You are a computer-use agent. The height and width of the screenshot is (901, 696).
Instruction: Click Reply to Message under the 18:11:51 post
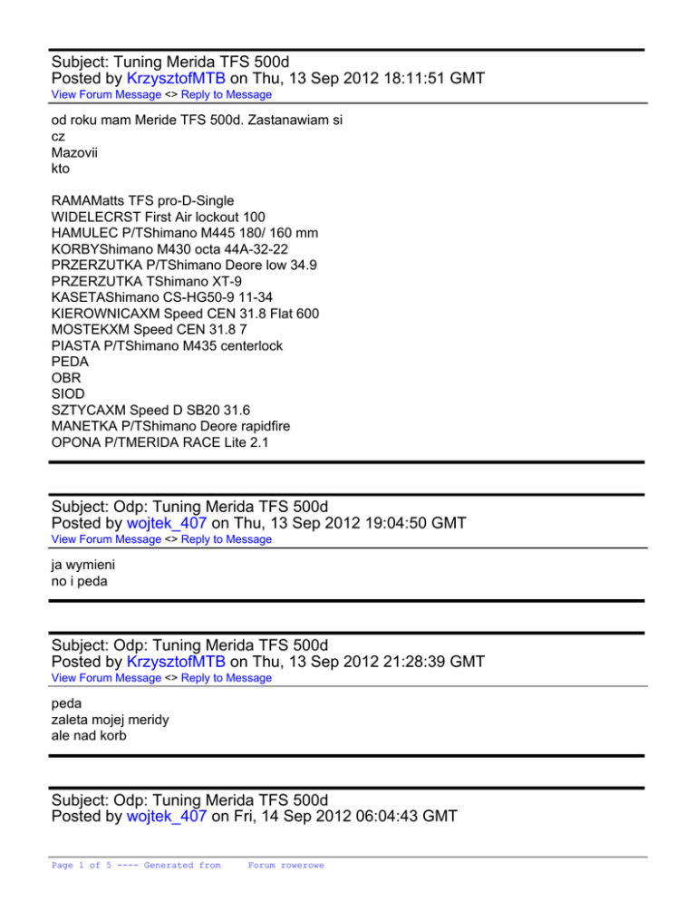pyautogui.click(x=227, y=94)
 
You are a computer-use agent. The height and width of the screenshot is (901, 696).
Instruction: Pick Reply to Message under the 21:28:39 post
pyautogui.click(x=227, y=678)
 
